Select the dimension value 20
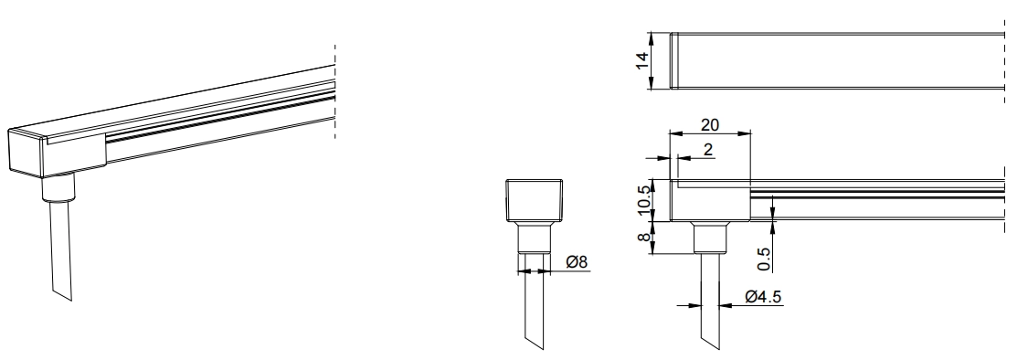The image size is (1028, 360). click(x=709, y=124)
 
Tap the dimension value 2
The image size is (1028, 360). click(x=708, y=150)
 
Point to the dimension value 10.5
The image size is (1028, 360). click(x=644, y=199)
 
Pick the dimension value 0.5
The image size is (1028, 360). click(x=764, y=259)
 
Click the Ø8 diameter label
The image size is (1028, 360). click(x=577, y=261)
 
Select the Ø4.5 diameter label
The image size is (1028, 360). click(x=763, y=296)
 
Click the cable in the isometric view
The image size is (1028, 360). click(x=61, y=249)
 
